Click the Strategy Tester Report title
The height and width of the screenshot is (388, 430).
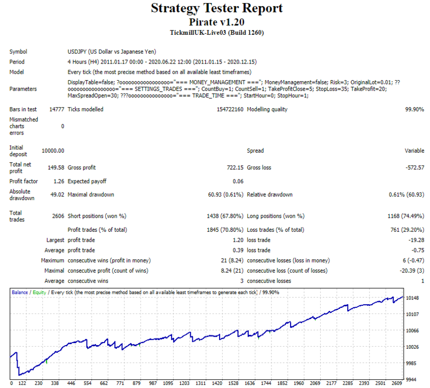click(x=217, y=8)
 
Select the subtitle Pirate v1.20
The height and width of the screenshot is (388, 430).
click(x=217, y=22)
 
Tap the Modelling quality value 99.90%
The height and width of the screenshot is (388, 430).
click(x=414, y=109)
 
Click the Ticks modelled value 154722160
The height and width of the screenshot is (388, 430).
click(x=230, y=109)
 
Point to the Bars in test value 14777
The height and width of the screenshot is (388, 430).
click(x=56, y=109)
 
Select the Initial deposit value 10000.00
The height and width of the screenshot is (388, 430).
click(x=53, y=151)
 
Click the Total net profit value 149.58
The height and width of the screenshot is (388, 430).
click(x=56, y=168)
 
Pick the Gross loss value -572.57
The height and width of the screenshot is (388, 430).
click(x=414, y=168)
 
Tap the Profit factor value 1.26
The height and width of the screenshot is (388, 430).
click(x=59, y=181)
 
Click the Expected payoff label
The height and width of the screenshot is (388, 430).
click(x=87, y=181)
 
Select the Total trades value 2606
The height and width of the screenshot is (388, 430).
click(x=58, y=216)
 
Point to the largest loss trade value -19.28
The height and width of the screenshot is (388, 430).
click(x=416, y=240)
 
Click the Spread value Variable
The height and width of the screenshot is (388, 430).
click(x=414, y=151)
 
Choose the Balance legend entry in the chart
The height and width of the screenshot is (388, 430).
click(x=20, y=292)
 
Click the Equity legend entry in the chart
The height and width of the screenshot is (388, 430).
click(x=39, y=292)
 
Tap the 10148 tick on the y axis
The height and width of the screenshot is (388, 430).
click(x=412, y=298)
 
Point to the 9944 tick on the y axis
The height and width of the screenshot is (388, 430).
click(x=411, y=380)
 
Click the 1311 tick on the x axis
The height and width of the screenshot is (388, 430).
click(x=200, y=383)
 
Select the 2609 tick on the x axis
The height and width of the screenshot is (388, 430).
click(x=396, y=383)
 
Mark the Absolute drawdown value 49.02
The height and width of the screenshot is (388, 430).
click(x=57, y=195)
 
